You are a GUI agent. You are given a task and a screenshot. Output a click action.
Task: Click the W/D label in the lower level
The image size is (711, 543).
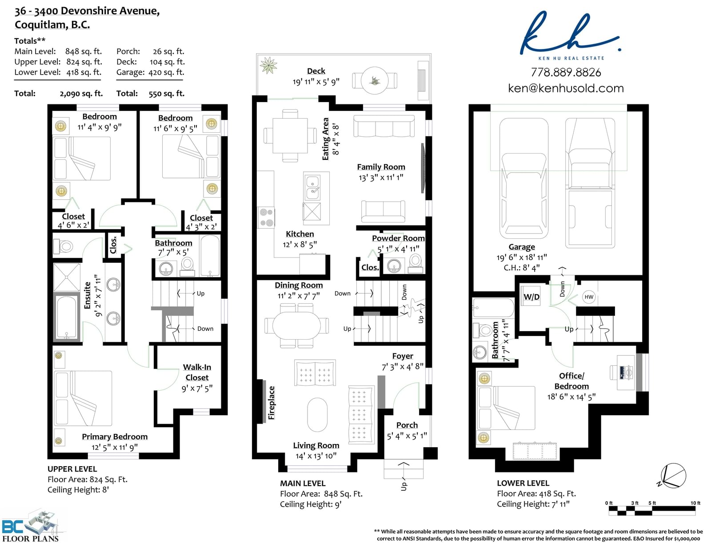pyautogui.click(x=531, y=297)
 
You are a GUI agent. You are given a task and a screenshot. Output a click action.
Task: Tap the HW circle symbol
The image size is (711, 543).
pyautogui.click(x=588, y=297)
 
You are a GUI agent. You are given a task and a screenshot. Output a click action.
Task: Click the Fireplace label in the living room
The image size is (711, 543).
pyautogui.click(x=272, y=403)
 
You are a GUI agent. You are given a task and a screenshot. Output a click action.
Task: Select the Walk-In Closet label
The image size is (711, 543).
pyautogui.click(x=197, y=372)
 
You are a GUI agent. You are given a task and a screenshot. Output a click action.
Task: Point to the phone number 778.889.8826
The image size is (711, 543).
pyautogui.click(x=566, y=72)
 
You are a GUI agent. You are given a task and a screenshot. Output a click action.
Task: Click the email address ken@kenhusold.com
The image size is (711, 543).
pyautogui.click(x=566, y=88)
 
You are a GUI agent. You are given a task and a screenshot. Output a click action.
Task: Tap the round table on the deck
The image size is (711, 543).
pyautogui.click(x=375, y=80)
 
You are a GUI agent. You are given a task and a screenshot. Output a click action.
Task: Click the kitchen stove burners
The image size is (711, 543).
pyautogui.click(x=266, y=218)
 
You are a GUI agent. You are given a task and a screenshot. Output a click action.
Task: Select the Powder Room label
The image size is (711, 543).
pyautogui.click(x=398, y=238)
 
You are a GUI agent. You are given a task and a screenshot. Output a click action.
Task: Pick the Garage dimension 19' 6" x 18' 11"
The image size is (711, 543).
pyautogui.click(x=522, y=257)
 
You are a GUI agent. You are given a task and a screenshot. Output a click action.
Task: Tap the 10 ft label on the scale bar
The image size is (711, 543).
pyautogui.click(x=695, y=503)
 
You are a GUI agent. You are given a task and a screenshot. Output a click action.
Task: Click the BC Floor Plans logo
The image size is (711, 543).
pyautogui.click(x=31, y=527)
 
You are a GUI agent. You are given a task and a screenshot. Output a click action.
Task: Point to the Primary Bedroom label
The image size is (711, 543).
pyautogui.click(x=115, y=436)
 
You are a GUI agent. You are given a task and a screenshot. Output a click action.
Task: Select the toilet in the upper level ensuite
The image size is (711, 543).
pyautogui.click(x=64, y=247)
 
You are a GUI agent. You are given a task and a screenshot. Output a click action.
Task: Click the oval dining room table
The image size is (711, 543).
pyautogui.click(x=296, y=325)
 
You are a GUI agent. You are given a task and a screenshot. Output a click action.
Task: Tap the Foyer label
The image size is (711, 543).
pyautogui.click(x=403, y=356)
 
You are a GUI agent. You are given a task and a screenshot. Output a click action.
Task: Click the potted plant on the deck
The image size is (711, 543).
pyautogui.click(x=268, y=65)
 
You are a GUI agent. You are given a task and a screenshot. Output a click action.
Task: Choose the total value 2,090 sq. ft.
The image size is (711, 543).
pyautogui.click(x=81, y=94)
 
